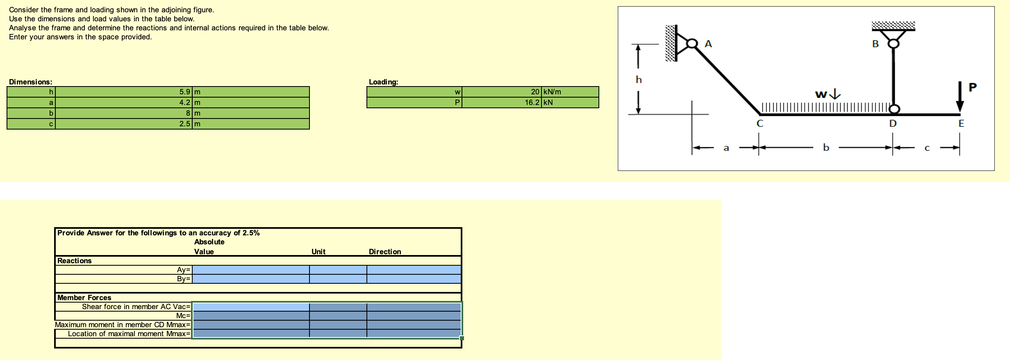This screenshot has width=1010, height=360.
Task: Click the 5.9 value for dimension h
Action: click(x=184, y=92)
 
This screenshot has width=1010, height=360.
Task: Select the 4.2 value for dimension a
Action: click(x=184, y=103)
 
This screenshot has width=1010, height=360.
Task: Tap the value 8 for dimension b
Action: click(x=188, y=113)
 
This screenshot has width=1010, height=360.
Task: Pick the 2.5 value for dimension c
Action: click(x=184, y=124)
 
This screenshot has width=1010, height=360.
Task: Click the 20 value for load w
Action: click(x=535, y=92)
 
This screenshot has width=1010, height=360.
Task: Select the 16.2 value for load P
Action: click(x=532, y=103)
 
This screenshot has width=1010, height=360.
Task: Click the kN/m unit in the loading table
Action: click(x=552, y=92)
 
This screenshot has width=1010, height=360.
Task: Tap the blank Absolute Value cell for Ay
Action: click(x=251, y=270)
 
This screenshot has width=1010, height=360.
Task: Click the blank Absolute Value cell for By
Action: click(x=251, y=279)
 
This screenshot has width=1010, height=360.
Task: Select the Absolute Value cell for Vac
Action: click(x=251, y=307)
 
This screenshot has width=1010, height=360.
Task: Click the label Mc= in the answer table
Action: click(x=183, y=316)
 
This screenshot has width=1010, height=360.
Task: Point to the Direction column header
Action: click(x=385, y=252)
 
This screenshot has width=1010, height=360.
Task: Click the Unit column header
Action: click(x=318, y=252)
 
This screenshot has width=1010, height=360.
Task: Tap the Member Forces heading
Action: click(x=84, y=298)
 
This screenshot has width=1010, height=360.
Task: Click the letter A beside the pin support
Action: click(x=708, y=44)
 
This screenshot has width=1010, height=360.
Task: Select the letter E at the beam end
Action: click(x=961, y=123)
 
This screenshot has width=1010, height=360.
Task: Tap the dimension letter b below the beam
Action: click(x=826, y=148)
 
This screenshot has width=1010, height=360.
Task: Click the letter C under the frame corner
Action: click(x=760, y=123)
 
